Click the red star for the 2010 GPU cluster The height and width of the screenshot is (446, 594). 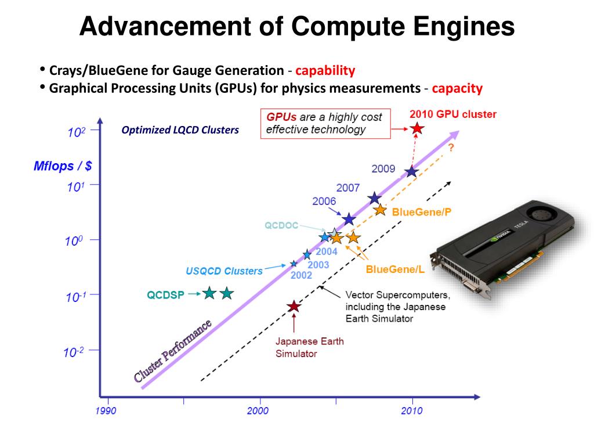click(416, 128)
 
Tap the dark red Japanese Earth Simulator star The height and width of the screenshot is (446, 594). click(294, 306)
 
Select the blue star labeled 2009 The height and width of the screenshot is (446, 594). click(412, 171)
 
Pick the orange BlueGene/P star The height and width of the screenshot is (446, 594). click(380, 210)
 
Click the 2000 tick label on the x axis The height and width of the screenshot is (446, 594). click(258, 411)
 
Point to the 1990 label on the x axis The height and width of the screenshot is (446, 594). click(106, 411)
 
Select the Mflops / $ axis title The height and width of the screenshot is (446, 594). click(62, 167)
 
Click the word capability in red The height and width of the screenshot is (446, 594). click(325, 71)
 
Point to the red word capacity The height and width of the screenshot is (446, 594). click(457, 88)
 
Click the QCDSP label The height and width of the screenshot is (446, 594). click(165, 295)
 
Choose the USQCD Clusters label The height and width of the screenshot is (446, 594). click(224, 271)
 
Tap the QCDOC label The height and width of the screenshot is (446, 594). click(281, 225)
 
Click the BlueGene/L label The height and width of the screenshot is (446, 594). click(395, 269)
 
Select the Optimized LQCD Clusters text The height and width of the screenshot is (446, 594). click(180, 130)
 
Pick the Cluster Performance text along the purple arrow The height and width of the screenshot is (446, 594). click(173, 351)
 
